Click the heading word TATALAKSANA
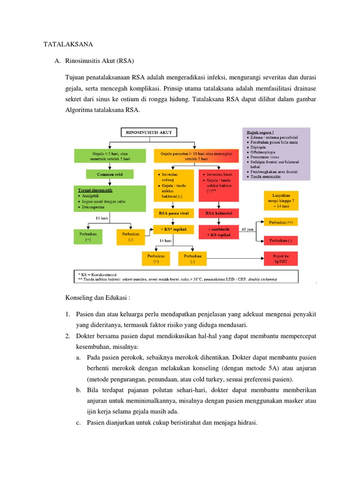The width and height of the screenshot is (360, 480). coord(68,45)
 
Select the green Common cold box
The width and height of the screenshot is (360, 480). coord(109,174)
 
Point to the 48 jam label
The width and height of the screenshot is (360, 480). coord(247,229)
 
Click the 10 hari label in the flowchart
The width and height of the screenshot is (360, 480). coord(102,218)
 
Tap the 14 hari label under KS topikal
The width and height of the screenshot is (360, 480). coord(165,240)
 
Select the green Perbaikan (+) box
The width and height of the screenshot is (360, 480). coord(88,236)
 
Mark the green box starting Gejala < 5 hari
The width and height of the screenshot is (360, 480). coord(109,156)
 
